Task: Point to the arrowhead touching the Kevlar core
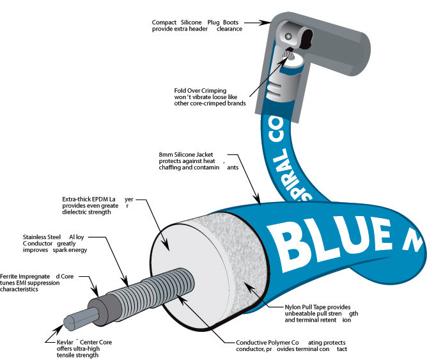(x=60, y=329)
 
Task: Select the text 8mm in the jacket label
(x=166, y=155)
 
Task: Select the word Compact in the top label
(x=164, y=22)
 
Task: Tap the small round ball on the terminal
(x=288, y=36)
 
